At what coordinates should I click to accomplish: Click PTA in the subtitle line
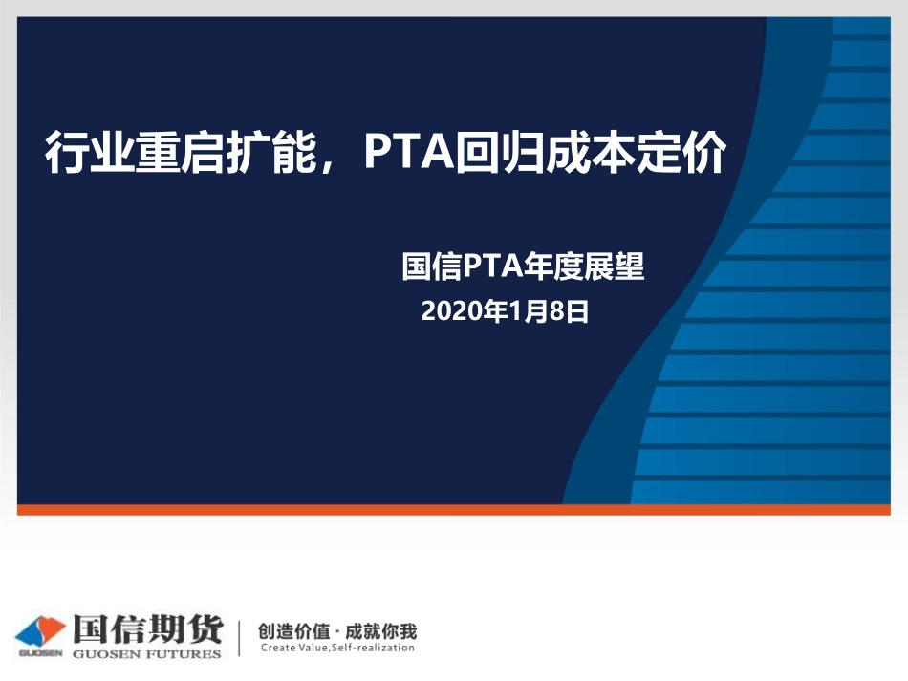point(490,266)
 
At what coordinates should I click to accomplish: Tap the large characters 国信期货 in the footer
point(146,630)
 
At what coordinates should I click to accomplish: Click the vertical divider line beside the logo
point(239,636)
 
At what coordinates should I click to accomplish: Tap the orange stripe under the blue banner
point(453,510)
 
